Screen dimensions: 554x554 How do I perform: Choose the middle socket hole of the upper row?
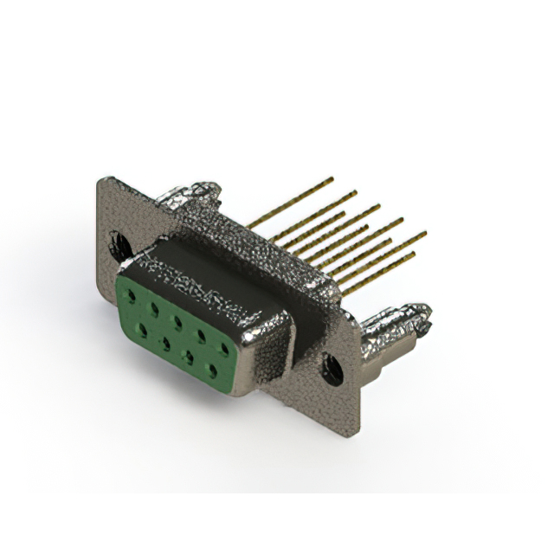pyautogui.click(x=177, y=321)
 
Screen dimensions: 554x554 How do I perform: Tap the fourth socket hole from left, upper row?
pyautogui.click(x=201, y=334)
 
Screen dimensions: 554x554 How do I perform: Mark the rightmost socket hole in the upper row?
pyautogui.click(x=225, y=348)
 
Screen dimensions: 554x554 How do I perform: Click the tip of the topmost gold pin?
pyautogui.click(x=332, y=179)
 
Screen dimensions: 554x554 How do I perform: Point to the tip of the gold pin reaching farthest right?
pyautogui.click(x=424, y=233)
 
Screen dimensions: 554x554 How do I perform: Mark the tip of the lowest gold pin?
pyautogui.click(x=413, y=254)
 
